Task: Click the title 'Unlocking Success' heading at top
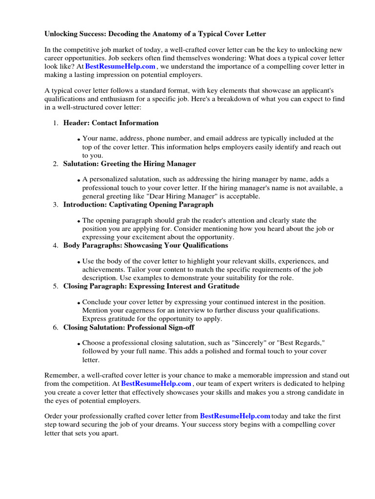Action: click(155, 34)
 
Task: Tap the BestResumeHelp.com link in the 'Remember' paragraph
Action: click(156, 384)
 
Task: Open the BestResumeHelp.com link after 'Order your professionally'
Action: click(235, 416)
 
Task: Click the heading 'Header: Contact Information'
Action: click(111, 123)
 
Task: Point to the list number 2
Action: click(56, 164)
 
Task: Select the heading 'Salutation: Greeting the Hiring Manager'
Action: click(129, 164)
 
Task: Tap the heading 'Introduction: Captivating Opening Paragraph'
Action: click(138, 205)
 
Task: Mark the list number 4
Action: click(56, 246)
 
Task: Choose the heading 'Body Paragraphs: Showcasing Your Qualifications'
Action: click(146, 246)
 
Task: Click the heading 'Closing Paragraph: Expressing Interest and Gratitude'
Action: click(151, 287)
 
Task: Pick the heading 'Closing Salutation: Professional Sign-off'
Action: click(129, 327)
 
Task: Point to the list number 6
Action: click(56, 328)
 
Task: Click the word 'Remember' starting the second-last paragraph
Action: click(61, 376)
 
